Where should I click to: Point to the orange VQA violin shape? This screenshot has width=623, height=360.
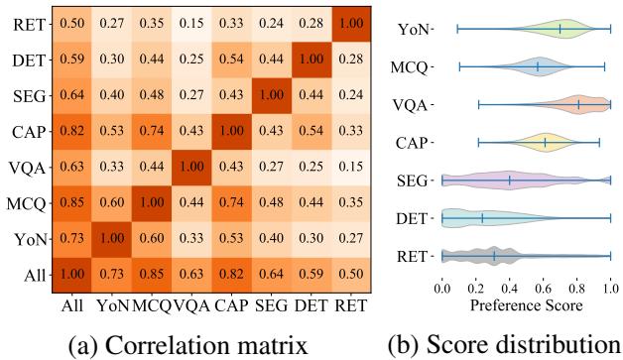coord(580,104)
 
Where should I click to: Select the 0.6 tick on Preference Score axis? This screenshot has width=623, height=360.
coord(544,285)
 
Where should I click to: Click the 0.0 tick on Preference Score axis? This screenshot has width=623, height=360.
coord(443,285)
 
